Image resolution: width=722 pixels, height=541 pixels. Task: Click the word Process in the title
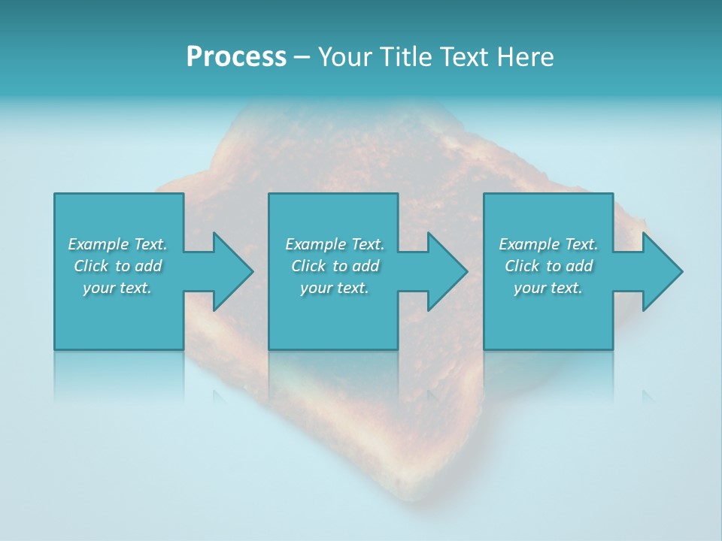[236, 57]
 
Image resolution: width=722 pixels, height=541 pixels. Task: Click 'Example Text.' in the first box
[117, 244]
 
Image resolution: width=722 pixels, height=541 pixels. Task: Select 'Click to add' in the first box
[118, 266]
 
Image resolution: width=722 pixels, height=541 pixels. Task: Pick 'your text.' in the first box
[117, 288]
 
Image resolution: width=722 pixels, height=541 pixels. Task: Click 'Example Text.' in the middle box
[335, 244]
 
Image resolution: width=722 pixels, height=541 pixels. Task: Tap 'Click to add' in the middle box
[335, 266]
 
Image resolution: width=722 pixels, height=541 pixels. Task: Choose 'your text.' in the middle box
[334, 288]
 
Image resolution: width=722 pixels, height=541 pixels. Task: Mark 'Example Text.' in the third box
[548, 244]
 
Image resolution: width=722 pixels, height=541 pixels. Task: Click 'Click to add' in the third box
[548, 266]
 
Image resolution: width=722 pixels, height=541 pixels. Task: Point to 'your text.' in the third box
[548, 288]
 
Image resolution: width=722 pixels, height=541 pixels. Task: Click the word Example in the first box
[98, 244]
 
